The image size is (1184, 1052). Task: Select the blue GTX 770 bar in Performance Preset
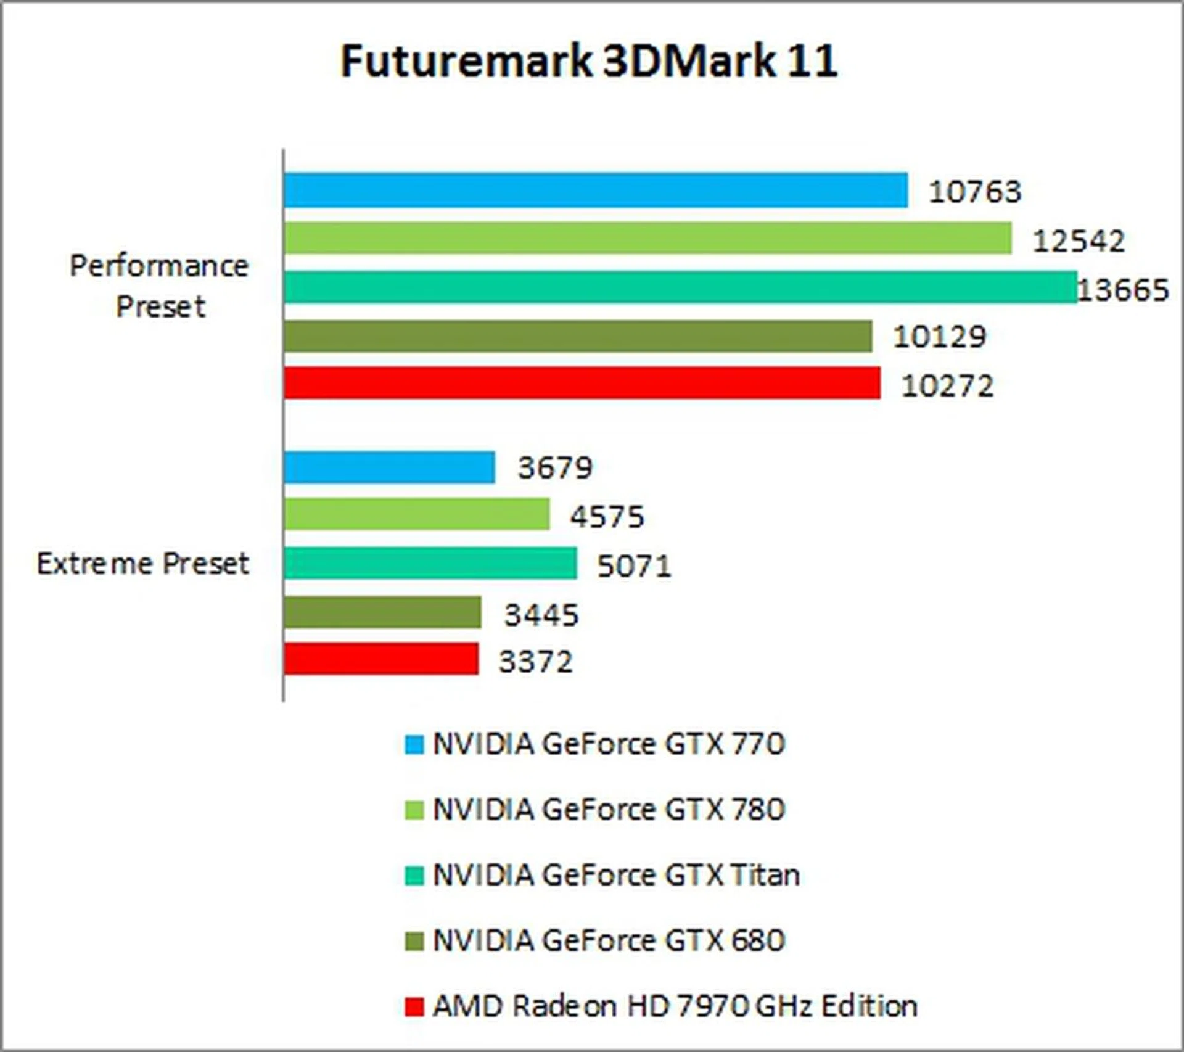[596, 191]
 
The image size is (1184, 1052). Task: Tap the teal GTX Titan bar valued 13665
[680, 287]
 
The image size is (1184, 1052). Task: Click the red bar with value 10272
[582, 383]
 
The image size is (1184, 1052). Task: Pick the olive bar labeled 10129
[578, 336]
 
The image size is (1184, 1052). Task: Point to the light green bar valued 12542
[647, 239]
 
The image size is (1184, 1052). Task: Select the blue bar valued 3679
[389, 467]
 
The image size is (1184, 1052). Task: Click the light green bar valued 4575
[417, 514]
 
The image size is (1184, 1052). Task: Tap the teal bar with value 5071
[430, 563]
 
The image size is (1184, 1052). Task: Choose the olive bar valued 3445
[382, 612]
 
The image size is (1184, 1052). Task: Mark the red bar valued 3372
[381, 659]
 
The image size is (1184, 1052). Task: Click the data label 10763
[975, 192]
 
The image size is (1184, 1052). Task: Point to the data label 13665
[1123, 290]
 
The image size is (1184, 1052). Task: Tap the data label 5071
[634, 566]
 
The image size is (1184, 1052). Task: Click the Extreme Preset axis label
[143, 564]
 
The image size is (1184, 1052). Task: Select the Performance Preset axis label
[159, 286]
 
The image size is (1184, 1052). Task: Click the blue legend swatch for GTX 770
[414, 744]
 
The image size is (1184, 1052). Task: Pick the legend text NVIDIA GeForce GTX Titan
[616, 875]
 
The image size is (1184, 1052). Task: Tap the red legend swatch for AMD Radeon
[414, 1006]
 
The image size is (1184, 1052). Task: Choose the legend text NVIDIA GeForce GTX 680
[609, 940]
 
